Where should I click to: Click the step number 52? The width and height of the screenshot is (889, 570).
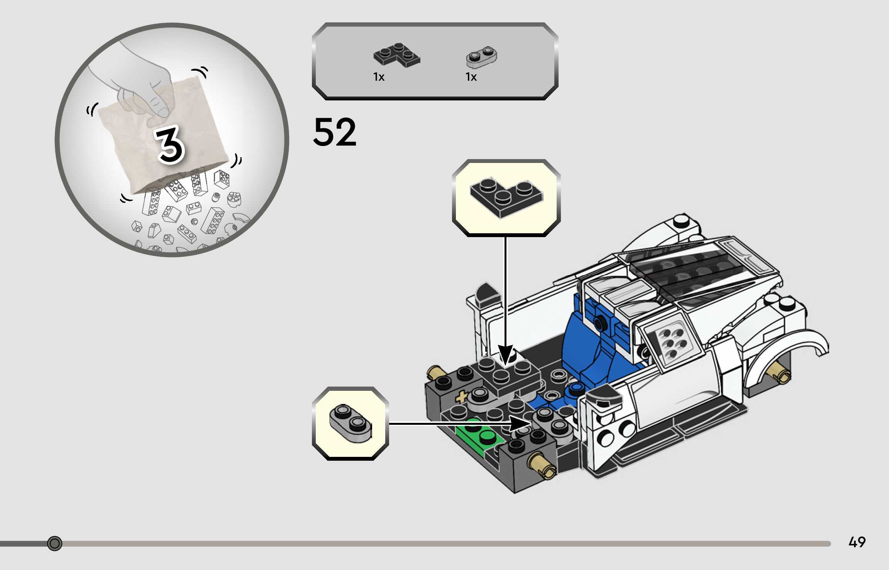pyautogui.click(x=334, y=132)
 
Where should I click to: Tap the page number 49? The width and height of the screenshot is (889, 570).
pyautogui.click(x=857, y=542)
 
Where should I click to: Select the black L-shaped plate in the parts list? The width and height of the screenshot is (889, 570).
pyautogui.click(x=396, y=56)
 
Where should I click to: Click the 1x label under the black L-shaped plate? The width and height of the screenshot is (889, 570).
pyautogui.click(x=379, y=77)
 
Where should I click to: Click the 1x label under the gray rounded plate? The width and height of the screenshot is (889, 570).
pyautogui.click(x=471, y=77)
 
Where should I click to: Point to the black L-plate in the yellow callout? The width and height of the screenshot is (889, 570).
pyautogui.click(x=506, y=197)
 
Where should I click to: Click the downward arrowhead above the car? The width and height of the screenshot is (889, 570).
pyautogui.click(x=506, y=355)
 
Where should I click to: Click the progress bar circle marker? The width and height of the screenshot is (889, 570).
pyautogui.click(x=54, y=543)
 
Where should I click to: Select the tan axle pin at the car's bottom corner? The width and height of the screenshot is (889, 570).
pyautogui.click(x=543, y=465)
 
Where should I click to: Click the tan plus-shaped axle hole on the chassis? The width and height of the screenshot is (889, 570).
pyautogui.click(x=461, y=397)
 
